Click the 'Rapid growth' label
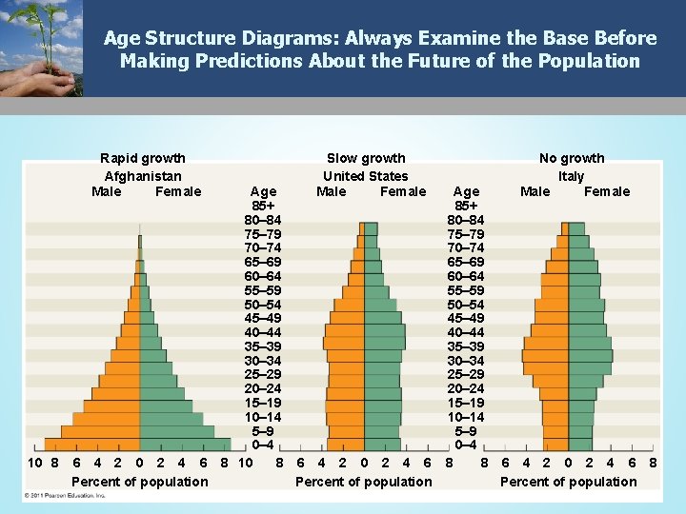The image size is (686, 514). (x=143, y=158)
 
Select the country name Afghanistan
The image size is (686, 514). (x=143, y=176)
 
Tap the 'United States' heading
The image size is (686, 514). (x=365, y=176)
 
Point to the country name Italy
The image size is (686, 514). (x=572, y=176)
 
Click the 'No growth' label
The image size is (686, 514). (x=572, y=158)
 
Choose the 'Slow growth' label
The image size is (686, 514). (x=366, y=158)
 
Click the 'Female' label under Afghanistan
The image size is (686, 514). (x=178, y=191)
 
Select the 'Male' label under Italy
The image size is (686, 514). (x=535, y=191)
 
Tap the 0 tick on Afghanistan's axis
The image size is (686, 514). (x=140, y=463)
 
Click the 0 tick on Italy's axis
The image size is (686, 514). (x=568, y=463)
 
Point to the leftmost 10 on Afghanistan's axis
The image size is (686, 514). (x=33, y=463)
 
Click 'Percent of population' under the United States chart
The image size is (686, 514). (x=363, y=482)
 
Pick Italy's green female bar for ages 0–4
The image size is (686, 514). (x=580, y=445)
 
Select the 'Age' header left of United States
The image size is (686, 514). (x=263, y=191)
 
